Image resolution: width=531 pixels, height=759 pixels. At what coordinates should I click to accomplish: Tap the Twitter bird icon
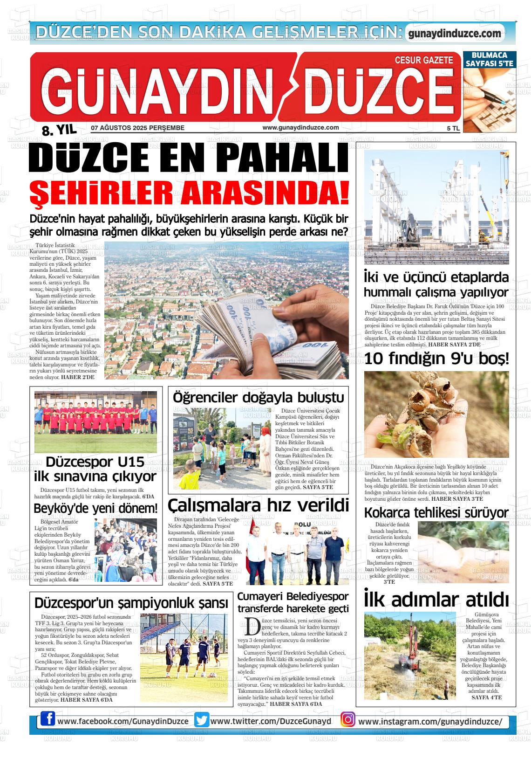202,720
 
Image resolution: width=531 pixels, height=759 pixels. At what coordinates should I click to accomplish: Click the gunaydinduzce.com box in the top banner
455,34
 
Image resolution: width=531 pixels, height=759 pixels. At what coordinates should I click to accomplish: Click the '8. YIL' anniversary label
59,130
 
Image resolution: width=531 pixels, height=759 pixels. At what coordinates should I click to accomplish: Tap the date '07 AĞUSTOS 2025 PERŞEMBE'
138,128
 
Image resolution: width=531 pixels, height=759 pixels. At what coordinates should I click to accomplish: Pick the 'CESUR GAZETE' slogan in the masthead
423,60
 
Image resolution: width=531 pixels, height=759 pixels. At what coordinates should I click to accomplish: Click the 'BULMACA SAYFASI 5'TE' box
489,59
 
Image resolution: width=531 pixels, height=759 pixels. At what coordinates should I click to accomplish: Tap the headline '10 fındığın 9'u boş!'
436,359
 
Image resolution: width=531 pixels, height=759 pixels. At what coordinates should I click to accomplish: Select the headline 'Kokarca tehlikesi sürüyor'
436,513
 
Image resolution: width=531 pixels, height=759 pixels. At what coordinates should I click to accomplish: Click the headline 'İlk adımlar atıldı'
436,600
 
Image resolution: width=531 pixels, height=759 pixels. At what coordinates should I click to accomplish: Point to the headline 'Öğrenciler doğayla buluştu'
258,398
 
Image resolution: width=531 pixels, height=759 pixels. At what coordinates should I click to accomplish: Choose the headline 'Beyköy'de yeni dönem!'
96,508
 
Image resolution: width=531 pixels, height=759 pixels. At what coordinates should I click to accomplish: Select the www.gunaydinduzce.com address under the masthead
300,128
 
